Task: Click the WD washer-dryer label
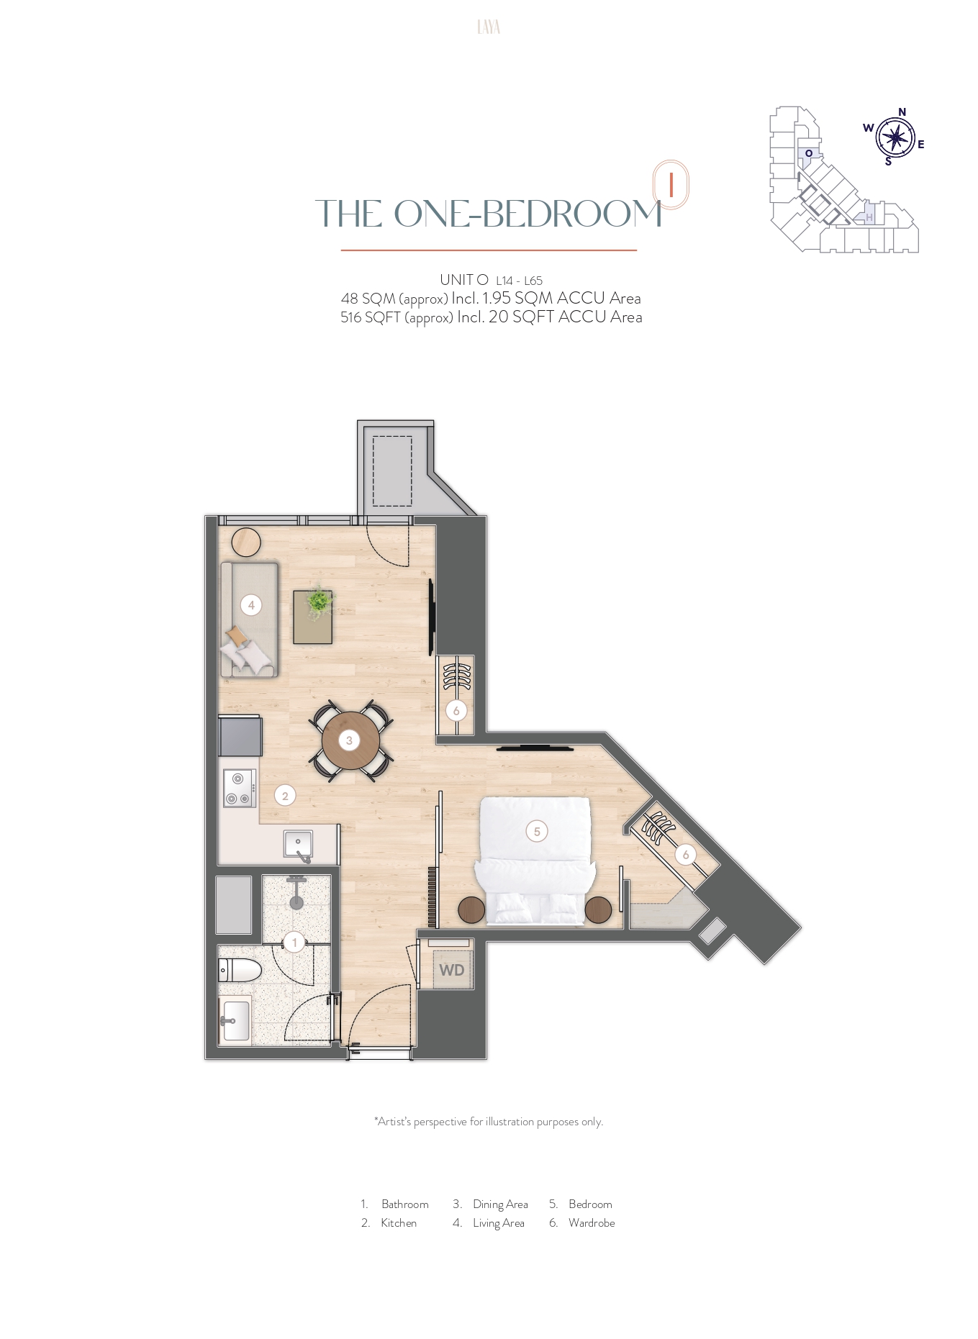tap(452, 970)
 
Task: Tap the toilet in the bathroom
tap(239, 970)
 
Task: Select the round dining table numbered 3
tap(350, 740)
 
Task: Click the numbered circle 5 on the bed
tap(537, 832)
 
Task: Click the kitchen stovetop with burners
tap(239, 788)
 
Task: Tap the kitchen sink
tap(298, 844)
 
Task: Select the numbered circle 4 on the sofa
tap(251, 605)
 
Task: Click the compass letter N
tap(902, 112)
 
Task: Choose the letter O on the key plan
tap(809, 153)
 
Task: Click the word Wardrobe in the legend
tap(592, 1222)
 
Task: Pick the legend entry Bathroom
tap(405, 1204)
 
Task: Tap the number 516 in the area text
tap(350, 317)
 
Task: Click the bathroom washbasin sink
tap(235, 1020)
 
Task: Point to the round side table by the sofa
tap(246, 543)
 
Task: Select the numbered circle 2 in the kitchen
tap(285, 796)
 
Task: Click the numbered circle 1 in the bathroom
tap(294, 943)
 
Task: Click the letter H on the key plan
tap(869, 217)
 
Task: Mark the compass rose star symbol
tap(895, 137)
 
